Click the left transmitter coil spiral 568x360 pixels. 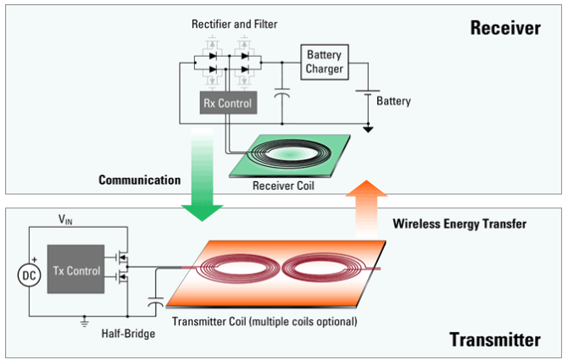235,269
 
